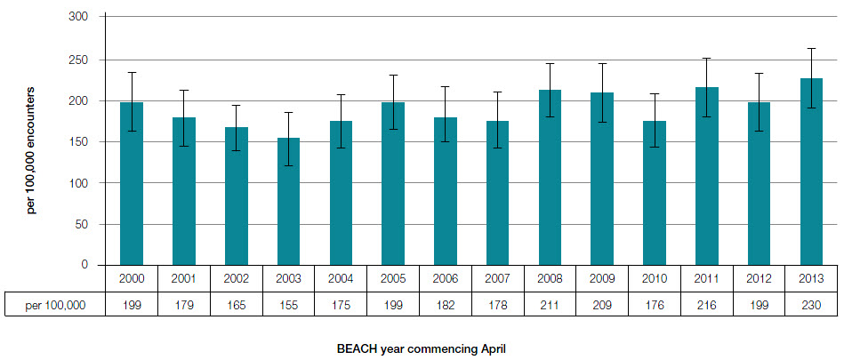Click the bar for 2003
[x=288, y=202]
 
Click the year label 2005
[x=393, y=277]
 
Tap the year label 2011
[x=707, y=277]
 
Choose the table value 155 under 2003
[x=288, y=305]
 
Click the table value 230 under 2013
[x=811, y=305]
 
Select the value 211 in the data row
[x=550, y=305]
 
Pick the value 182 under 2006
[x=446, y=305]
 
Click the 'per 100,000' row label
[x=55, y=305]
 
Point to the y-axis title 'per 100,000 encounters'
[x=31, y=149]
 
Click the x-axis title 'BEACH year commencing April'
[x=422, y=348]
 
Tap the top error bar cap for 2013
[x=811, y=48]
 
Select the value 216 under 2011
[x=707, y=305]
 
